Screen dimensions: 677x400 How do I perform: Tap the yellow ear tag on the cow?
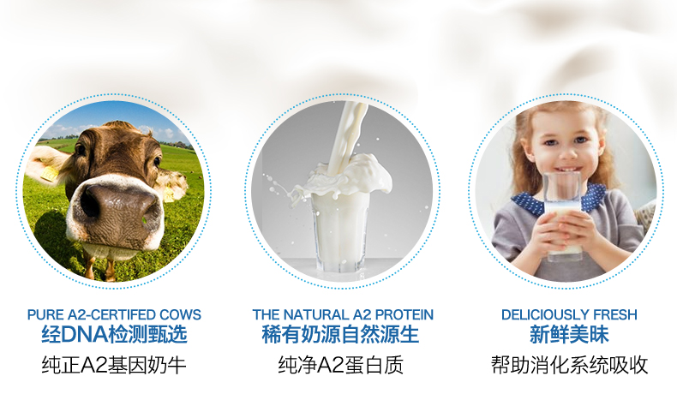click(49, 174)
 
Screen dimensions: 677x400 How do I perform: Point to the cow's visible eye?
click(157, 161)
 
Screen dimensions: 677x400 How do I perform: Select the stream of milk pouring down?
click(350, 134)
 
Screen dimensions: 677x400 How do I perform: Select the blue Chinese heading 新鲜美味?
click(569, 334)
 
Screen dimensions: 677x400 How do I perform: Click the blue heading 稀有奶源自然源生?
click(340, 334)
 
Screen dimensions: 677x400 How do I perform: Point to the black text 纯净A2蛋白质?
click(341, 365)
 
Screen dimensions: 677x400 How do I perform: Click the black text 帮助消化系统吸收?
click(570, 365)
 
